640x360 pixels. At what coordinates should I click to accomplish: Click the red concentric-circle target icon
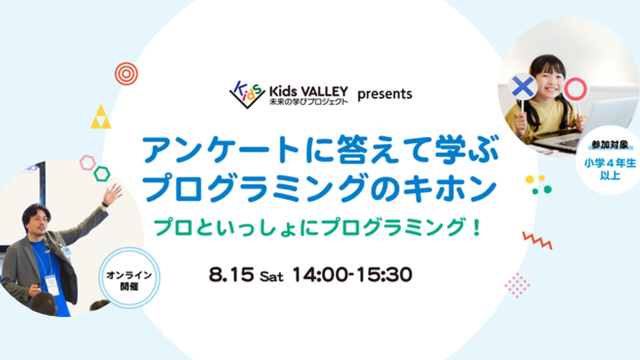[x=126, y=74]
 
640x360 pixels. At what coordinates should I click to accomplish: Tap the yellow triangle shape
[x=101, y=117]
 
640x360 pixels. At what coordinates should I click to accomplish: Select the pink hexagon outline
[x=87, y=162]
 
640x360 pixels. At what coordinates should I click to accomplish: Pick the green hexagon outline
[x=102, y=174]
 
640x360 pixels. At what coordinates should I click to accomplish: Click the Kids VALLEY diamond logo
[x=247, y=94]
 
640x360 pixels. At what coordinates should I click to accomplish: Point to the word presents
[x=385, y=94]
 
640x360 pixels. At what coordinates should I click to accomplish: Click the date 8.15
[x=231, y=274]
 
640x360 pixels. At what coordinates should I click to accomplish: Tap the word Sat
[x=272, y=277]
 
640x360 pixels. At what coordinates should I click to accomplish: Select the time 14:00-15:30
[x=352, y=274]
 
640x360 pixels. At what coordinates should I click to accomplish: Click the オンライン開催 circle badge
[x=129, y=278]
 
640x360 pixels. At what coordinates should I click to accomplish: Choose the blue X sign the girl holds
[x=523, y=87]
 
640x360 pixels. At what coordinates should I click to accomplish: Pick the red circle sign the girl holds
[x=575, y=89]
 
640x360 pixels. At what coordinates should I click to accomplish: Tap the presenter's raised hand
[x=111, y=194]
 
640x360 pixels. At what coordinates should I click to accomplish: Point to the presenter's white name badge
[x=52, y=284]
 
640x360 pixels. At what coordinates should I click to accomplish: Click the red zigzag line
[x=537, y=240]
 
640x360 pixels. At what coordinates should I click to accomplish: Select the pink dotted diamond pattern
[x=517, y=285]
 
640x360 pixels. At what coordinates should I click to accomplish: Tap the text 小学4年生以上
[x=610, y=169]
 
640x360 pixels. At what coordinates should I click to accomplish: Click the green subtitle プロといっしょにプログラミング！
[x=318, y=227]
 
